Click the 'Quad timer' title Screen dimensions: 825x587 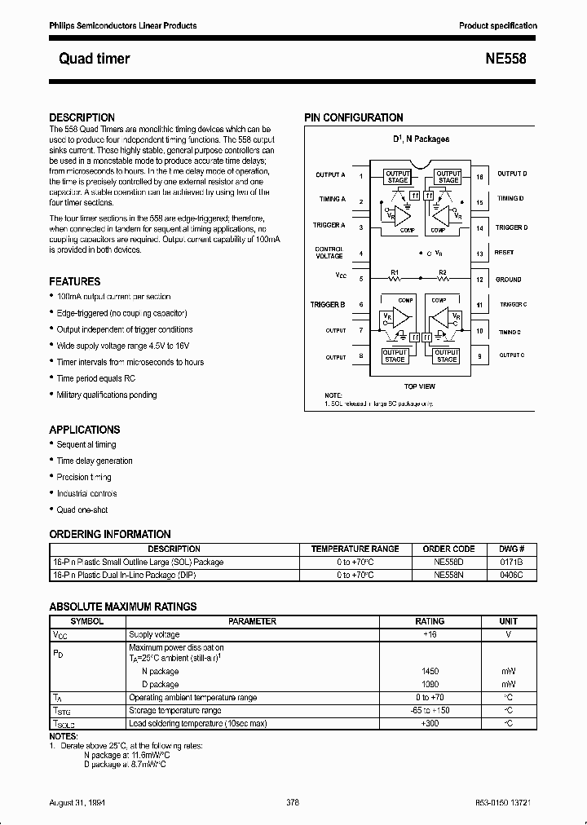click(95, 59)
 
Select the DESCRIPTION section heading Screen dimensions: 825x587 click(82, 117)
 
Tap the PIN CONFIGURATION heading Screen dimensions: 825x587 click(354, 117)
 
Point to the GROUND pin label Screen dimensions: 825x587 click(508, 280)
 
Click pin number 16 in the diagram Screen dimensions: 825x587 click(479, 176)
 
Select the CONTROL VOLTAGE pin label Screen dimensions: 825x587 click(329, 253)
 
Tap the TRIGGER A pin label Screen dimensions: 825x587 click(329, 225)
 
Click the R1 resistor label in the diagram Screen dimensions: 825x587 click(395, 271)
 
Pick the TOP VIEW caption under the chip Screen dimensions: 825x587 click(420, 386)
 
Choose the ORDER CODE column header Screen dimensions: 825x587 click(448, 549)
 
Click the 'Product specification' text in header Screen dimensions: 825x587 click(497, 26)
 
